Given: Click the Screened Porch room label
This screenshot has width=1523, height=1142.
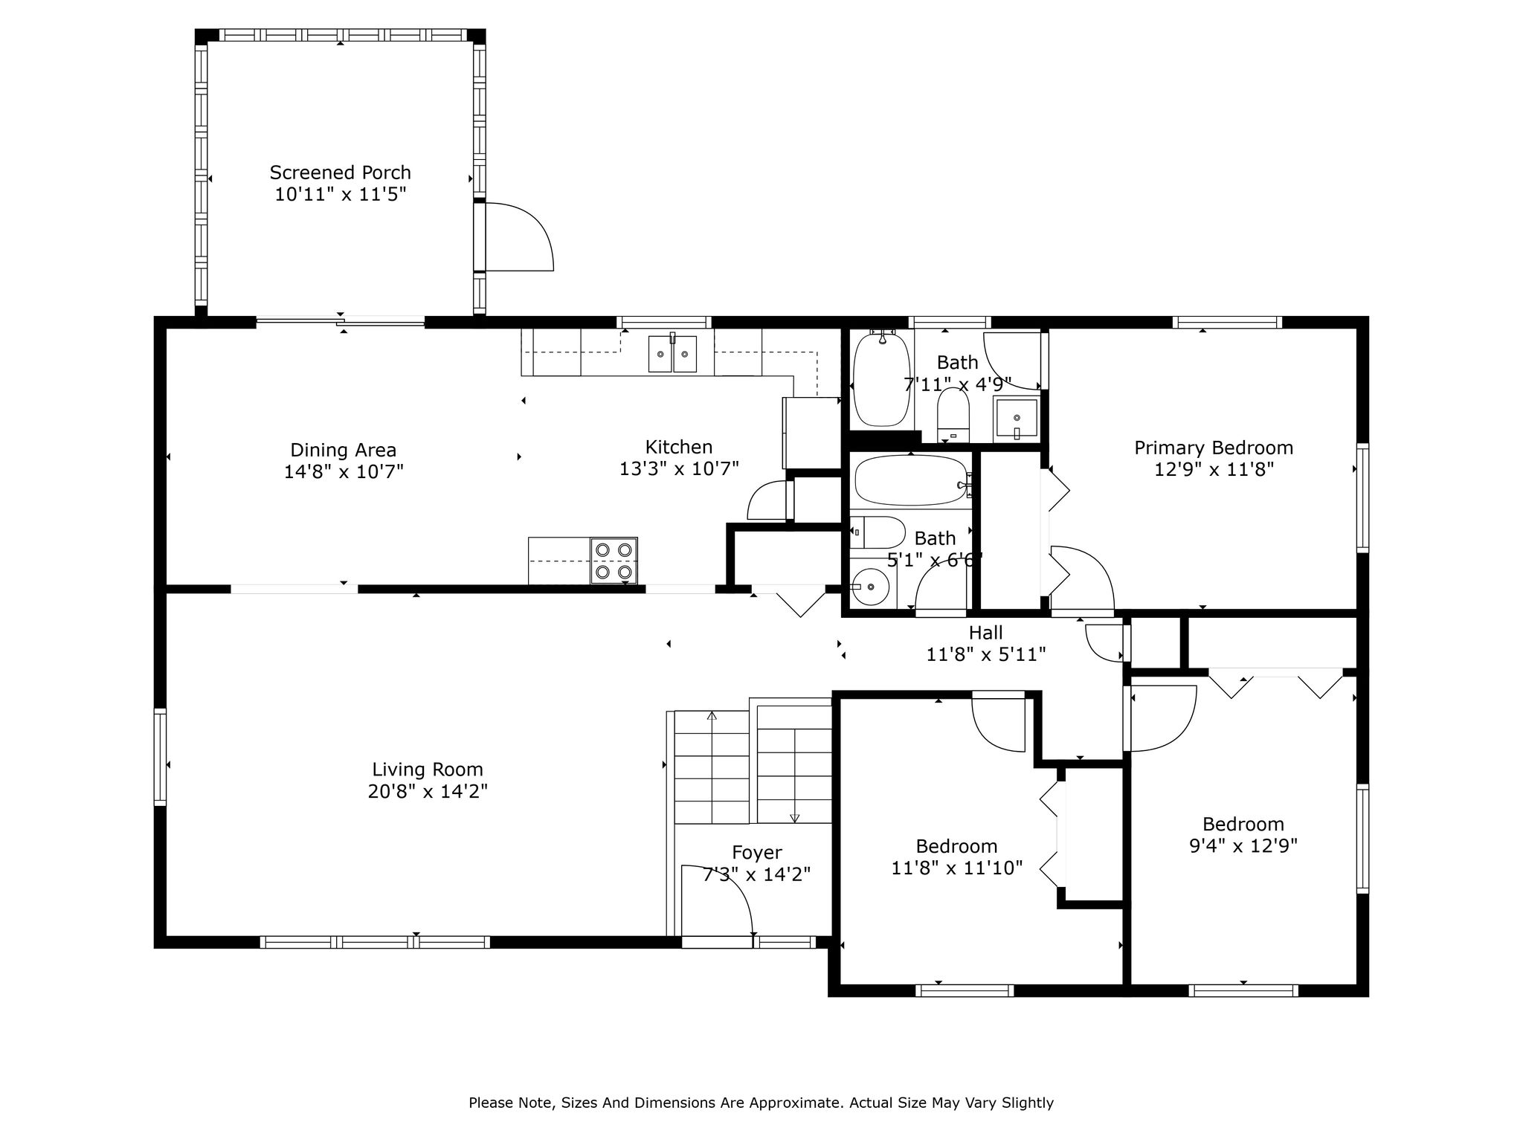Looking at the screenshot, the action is [340, 172].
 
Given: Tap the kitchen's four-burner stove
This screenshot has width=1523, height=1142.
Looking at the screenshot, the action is [614, 561].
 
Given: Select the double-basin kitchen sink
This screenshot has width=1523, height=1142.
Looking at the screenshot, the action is [673, 353].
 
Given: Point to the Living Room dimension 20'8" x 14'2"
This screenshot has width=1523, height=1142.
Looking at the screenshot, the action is [428, 791].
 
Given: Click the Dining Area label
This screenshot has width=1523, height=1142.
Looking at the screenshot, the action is [343, 450].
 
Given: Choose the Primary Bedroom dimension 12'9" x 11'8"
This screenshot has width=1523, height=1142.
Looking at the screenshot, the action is [1214, 469].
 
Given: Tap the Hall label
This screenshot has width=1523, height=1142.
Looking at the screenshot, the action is [985, 633].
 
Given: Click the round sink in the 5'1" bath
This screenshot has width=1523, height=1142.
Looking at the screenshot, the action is [870, 587].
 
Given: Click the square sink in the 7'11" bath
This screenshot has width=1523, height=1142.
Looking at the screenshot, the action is [1016, 419].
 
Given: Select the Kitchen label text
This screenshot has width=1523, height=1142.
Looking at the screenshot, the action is [679, 447].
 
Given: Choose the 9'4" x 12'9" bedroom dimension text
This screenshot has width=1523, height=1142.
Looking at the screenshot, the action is [1243, 845].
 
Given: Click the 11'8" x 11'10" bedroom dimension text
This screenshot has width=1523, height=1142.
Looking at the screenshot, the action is [957, 867].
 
